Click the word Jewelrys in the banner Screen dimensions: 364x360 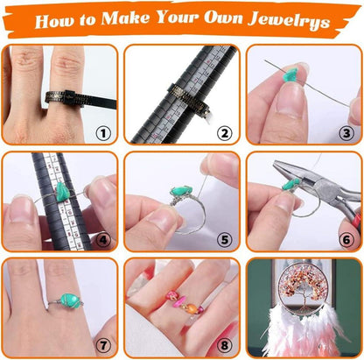289,20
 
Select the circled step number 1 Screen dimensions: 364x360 103,133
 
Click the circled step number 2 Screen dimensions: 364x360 225,133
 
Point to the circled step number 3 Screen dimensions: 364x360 346,133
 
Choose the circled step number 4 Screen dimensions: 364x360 103,240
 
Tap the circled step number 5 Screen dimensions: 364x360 225,240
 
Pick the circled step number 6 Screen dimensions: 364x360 346,240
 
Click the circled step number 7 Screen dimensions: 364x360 103,346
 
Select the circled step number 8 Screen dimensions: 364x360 225,346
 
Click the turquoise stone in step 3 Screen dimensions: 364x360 290,75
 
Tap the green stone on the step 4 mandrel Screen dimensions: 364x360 62,191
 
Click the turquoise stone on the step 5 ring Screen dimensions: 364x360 181,191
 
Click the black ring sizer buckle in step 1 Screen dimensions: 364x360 71,97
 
